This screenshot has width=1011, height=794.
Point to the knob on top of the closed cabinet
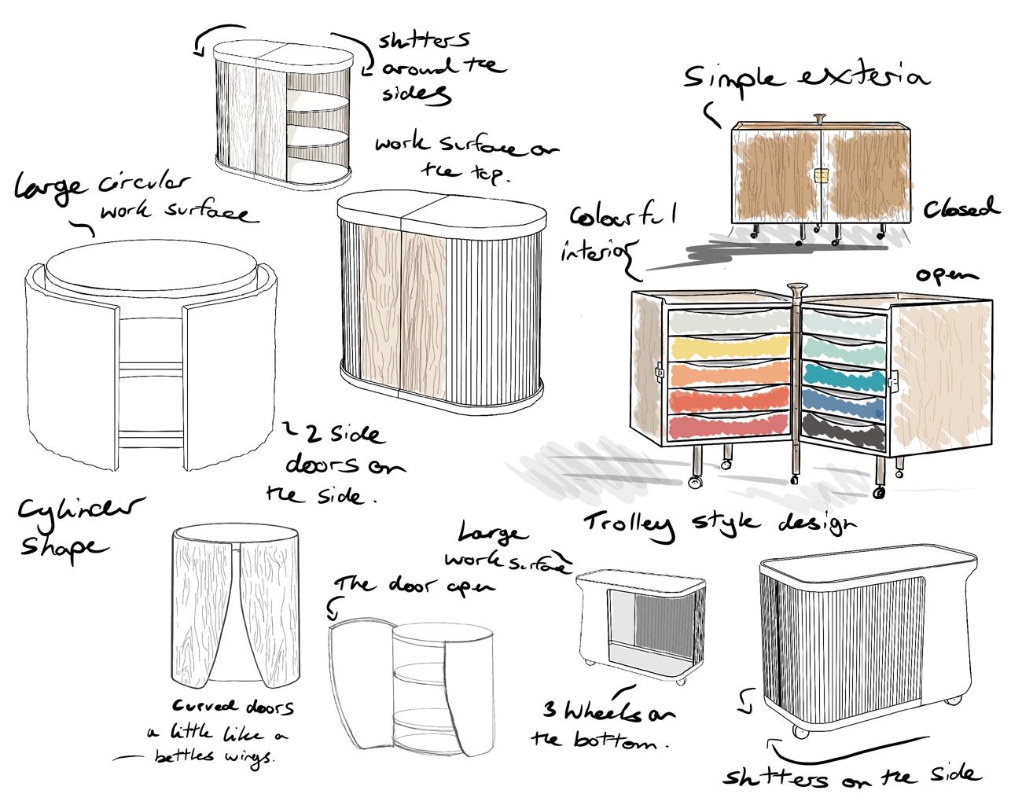[820, 118]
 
